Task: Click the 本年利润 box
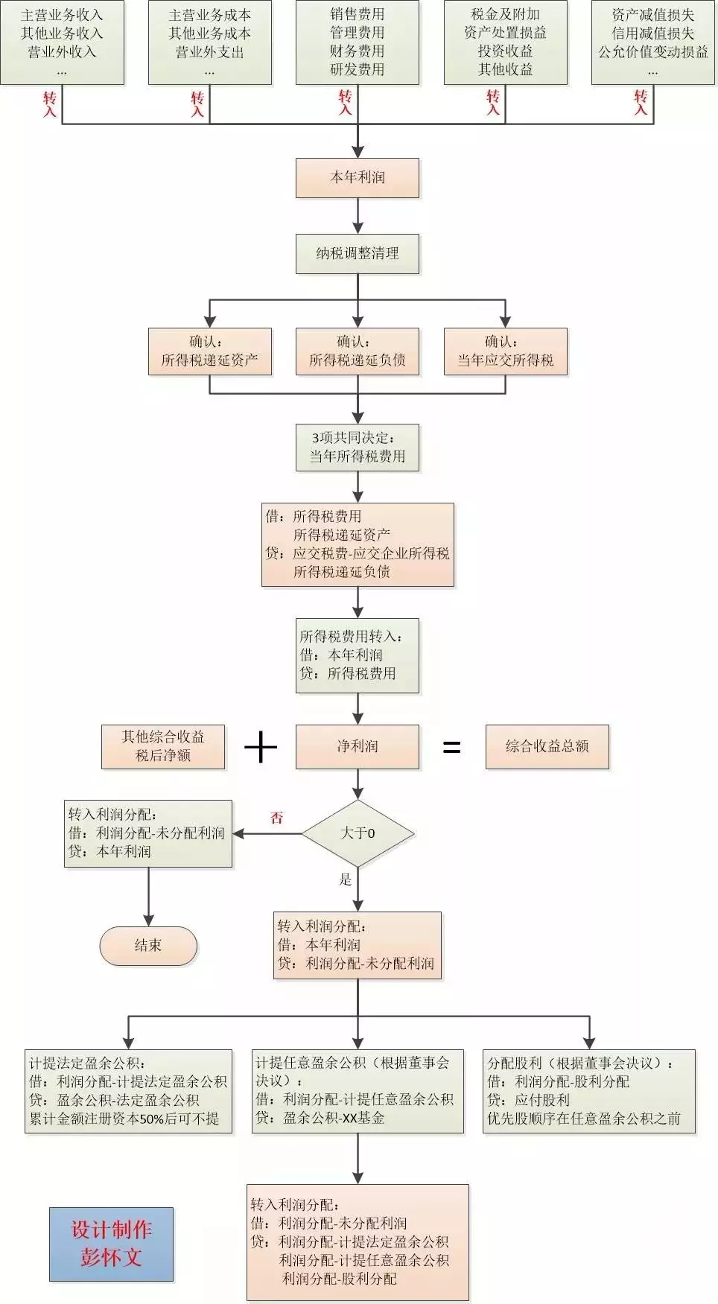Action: (358, 177)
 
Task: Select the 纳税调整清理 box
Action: (358, 254)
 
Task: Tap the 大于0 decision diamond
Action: (358, 833)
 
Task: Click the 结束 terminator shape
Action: (148, 946)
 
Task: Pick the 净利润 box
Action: (358, 746)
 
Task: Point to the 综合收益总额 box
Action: (547, 746)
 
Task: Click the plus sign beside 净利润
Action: (261, 747)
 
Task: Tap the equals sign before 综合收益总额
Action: (451, 747)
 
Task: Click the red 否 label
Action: (277, 818)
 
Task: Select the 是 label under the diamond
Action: (346, 880)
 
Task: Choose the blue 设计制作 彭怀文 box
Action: (112, 1244)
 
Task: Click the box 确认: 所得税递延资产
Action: (209, 351)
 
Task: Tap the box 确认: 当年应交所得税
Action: (505, 351)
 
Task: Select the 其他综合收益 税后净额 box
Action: (163, 746)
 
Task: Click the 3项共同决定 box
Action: (358, 448)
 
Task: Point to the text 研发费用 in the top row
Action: (358, 69)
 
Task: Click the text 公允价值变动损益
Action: (653, 52)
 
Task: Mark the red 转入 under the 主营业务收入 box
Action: (50, 104)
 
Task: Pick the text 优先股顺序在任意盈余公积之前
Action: (584, 1118)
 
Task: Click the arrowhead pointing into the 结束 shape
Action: (148, 920)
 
